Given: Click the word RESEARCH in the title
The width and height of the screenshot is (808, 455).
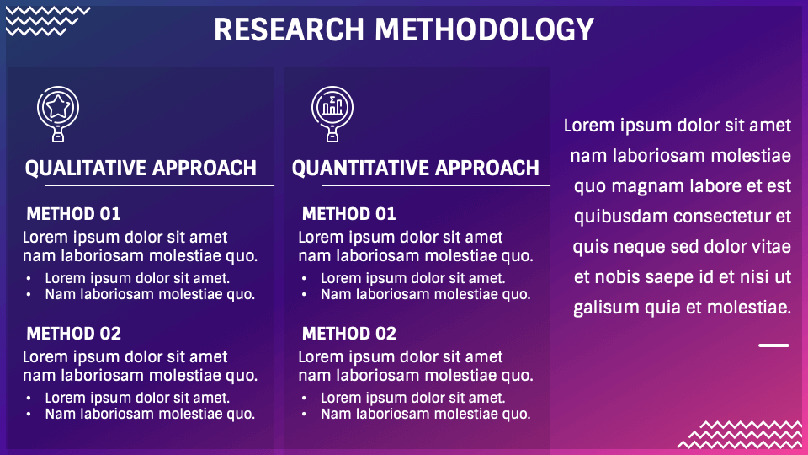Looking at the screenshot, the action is [x=289, y=29].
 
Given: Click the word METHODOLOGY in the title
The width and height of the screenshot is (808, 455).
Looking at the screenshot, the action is [x=485, y=29].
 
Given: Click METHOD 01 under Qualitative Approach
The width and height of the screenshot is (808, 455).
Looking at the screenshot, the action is [x=74, y=213].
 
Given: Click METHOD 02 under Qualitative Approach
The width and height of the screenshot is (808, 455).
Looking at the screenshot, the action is [x=74, y=334].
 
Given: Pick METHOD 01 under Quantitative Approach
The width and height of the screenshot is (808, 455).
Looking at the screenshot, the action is [x=349, y=213].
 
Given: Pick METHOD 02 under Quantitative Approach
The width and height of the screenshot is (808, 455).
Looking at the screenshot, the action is [x=349, y=334].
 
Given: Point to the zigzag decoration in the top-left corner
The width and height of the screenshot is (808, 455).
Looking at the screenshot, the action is [x=47, y=21].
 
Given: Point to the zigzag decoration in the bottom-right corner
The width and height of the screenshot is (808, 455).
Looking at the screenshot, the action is [x=740, y=435].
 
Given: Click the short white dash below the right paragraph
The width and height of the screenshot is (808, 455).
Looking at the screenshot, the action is [x=773, y=345].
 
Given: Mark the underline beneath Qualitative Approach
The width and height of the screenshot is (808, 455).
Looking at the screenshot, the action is [x=160, y=185].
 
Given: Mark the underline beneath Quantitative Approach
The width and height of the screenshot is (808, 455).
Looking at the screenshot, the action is [x=436, y=185].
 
